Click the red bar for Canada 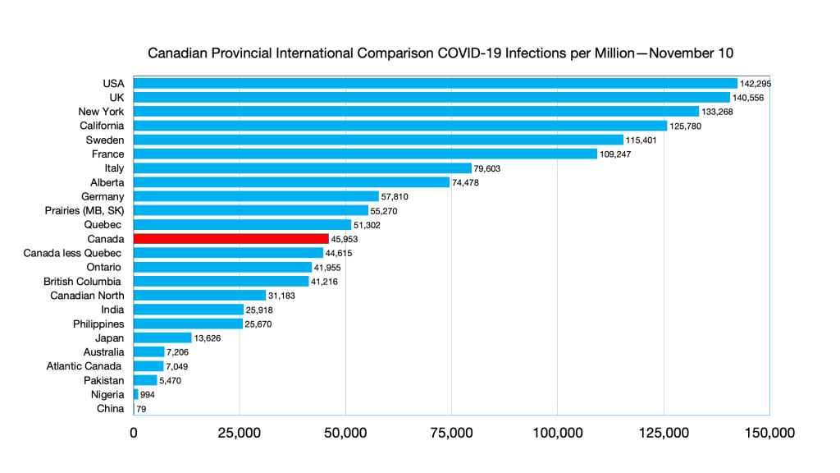pyautogui.click(x=231, y=239)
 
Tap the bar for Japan pyautogui.click(x=162, y=338)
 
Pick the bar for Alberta pyautogui.click(x=291, y=182)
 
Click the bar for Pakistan pyautogui.click(x=145, y=380)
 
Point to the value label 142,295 pyautogui.click(x=756, y=84)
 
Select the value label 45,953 pyautogui.click(x=345, y=239)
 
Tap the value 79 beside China pyautogui.click(x=142, y=408)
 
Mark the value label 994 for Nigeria pyautogui.click(x=148, y=394)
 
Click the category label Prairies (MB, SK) pyautogui.click(x=84, y=210)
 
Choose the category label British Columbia pyautogui.click(x=84, y=281)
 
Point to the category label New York pyautogui.click(x=101, y=111)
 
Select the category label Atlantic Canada pyautogui.click(x=85, y=365)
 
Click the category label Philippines pyautogui.click(x=98, y=324)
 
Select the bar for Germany pyautogui.click(x=256, y=196)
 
